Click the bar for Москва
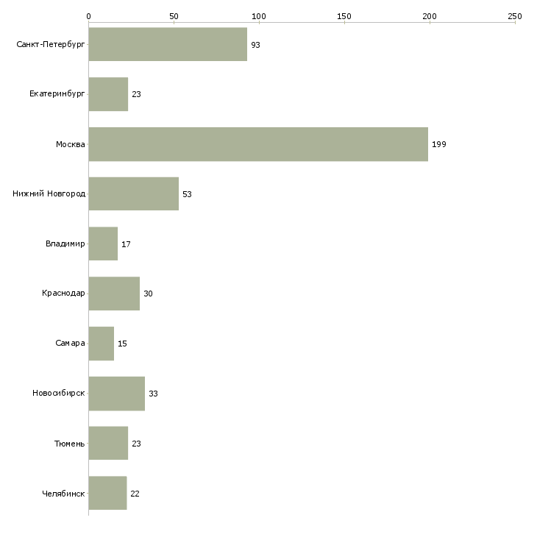coord(257,144)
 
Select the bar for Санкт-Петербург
coord(168,45)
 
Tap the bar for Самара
coord(102,344)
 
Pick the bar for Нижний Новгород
coord(133,194)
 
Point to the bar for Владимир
coord(103,244)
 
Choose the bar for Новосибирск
coord(116,394)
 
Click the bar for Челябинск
coord(107,494)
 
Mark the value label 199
coord(439,144)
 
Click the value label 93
coord(255,45)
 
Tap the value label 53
coord(187,194)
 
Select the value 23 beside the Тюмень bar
coord(136,444)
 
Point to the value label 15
coord(122,344)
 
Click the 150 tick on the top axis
coord(344,15)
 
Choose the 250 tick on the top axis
coord(514,15)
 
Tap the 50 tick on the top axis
coord(174,15)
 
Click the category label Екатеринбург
coord(57,94)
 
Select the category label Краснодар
coord(63,294)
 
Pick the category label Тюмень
coord(69,444)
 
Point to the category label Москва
coord(71,144)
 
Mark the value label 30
coord(148,294)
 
